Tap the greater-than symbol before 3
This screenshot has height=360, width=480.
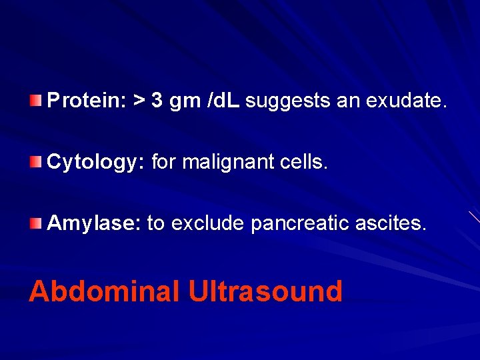(x=138, y=101)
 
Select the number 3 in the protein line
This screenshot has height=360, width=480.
(x=157, y=101)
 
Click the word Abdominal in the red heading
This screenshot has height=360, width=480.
(x=104, y=291)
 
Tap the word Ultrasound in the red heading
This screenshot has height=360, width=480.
(x=265, y=291)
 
